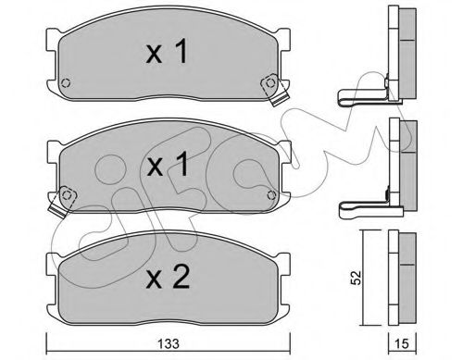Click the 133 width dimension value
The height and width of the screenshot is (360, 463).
[x=169, y=343]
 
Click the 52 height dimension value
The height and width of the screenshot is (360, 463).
[x=357, y=278]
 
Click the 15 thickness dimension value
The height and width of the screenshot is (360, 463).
[x=402, y=343]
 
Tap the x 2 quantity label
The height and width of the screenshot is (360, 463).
[x=168, y=278]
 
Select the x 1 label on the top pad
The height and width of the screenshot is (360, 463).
[x=168, y=52]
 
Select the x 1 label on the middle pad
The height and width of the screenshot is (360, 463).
[x=168, y=164]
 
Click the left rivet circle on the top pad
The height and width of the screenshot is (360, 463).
[x=66, y=83]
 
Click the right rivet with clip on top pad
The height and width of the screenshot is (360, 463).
[x=270, y=82]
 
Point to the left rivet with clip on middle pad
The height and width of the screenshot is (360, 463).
[x=67, y=195]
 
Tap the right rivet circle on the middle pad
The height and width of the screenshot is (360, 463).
[x=271, y=195]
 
